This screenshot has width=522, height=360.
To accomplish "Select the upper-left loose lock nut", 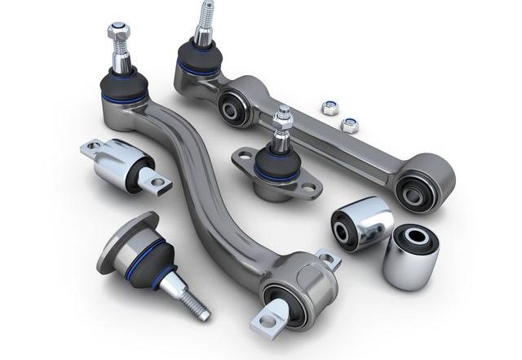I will tap(331, 107).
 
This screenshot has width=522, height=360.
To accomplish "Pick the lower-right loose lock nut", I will tap(349, 126).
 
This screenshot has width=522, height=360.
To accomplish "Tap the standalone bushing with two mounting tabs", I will tap(122, 167).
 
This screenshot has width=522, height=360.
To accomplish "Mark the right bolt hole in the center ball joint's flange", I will tap(312, 193).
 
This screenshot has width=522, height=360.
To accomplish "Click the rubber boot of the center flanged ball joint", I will tap(274, 167).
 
